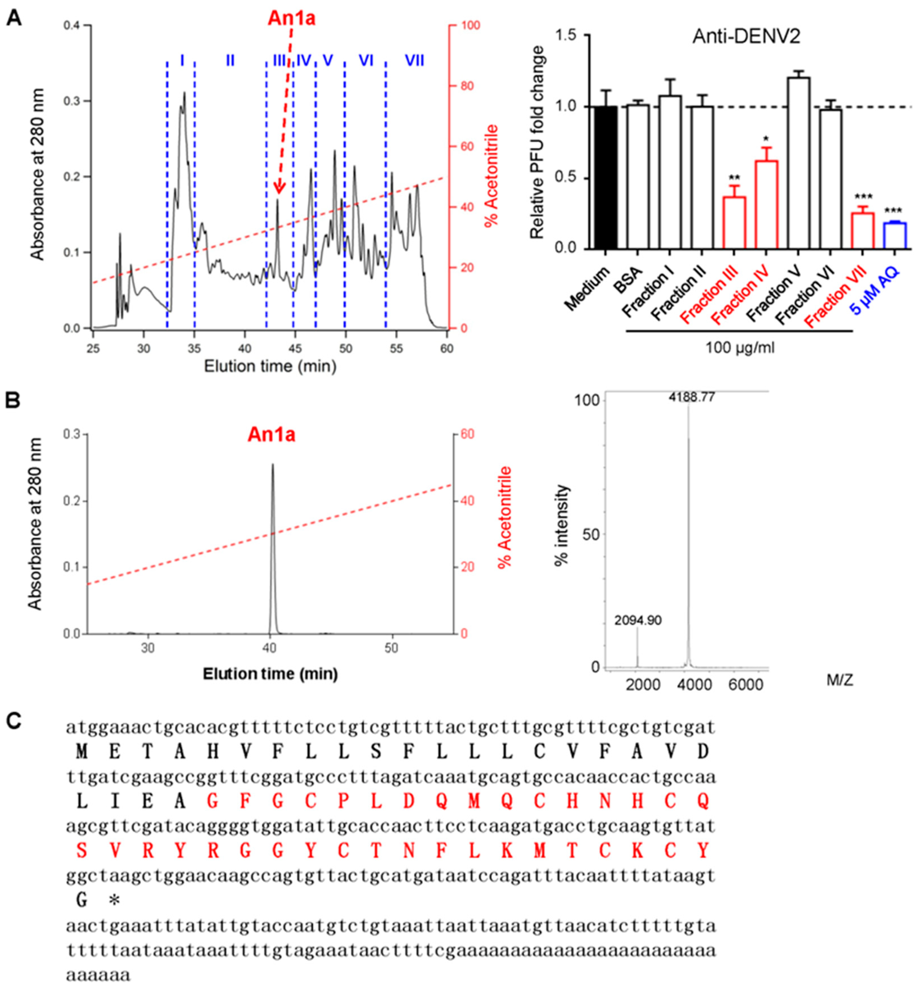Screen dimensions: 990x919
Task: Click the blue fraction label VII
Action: (x=414, y=61)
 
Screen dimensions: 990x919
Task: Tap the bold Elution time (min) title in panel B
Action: (x=270, y=674)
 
